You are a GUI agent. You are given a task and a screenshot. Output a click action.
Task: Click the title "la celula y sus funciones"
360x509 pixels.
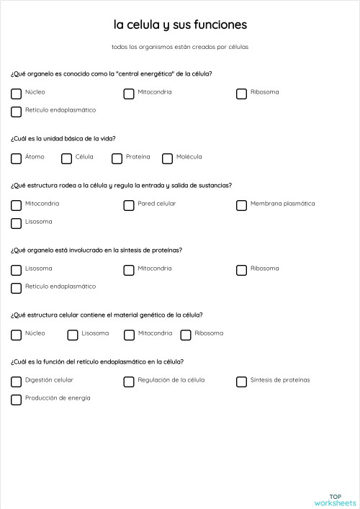[x=180, y=25]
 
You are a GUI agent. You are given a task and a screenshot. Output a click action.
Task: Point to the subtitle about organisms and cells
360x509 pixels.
[x=180, y=47]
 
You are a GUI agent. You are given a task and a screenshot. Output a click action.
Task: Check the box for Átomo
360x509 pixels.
[x=16, y=158]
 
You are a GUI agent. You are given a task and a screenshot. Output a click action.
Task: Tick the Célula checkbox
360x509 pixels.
[x=66, y=158]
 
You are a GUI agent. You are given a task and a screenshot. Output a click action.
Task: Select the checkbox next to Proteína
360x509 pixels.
[x=117, y=158]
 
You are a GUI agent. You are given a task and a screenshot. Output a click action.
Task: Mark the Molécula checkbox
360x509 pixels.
[x=167, y=158]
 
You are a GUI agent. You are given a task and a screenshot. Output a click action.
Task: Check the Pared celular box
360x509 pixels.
[x=129, y=205]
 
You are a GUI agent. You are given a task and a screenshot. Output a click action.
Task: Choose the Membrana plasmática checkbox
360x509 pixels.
[x=241, y=205]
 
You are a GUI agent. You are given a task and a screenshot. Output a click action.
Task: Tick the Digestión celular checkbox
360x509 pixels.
[x=16, y=382]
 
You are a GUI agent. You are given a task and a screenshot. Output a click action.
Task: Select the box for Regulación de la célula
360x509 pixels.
[x=129, y=382]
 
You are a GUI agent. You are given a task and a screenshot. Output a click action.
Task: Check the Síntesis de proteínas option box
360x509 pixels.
[x=241, y=382]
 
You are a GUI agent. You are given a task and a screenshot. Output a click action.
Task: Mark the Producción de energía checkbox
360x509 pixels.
[x=16, y=400]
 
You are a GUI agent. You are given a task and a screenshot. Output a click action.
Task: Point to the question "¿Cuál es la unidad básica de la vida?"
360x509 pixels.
[x=63, y=138]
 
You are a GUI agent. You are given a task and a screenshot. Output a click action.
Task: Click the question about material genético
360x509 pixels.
[x=107, y=315]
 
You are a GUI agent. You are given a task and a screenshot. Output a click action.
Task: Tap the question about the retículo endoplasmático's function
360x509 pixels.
[x=97, y=361]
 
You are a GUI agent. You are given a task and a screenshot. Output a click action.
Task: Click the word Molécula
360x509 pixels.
[x=189, y=157]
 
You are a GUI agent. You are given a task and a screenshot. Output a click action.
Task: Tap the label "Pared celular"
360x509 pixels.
[x=157, y=204]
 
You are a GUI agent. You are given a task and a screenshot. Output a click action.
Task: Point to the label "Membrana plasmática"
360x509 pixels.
[x=282, y=204]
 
